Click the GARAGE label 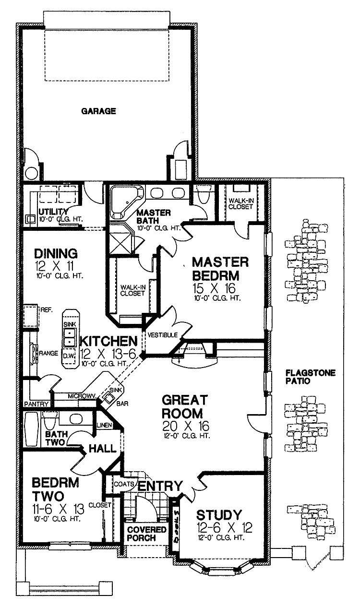coord(98,111)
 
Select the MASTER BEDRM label coord(220,270)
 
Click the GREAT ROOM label coord(184,406)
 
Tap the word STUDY coord(219,515)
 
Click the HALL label coord(103,449)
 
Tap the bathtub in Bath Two coord(31,430)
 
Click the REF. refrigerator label coord(47,310)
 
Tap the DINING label coord(56,253)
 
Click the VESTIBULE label coord(163,334)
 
